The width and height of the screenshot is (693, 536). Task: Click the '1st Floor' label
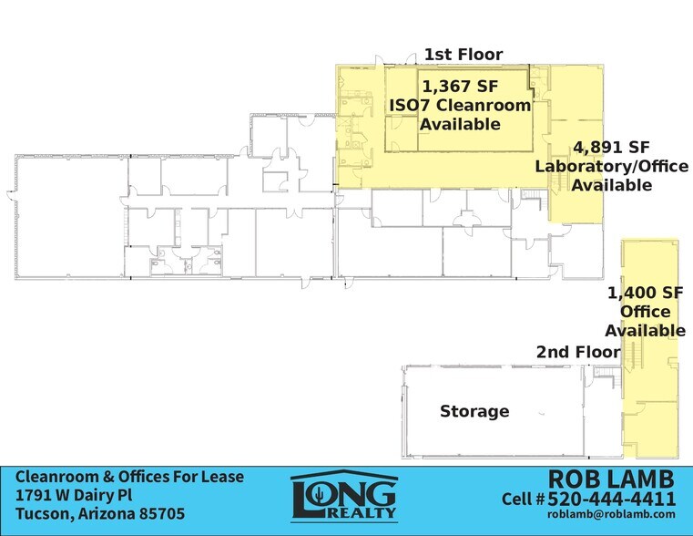pyautogui.click(x=464, y=55)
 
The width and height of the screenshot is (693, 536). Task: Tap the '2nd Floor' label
pyautogui.click(x=578, y=352)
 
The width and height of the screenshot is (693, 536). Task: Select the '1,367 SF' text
pyautogui.click(x=460, y=87)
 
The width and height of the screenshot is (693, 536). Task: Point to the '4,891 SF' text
pyautogui.click(x=611, y=148)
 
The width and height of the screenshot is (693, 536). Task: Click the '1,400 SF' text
pyautogui.click(x=646, y=293)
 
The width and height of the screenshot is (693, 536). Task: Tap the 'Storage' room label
pyautogui.click(x=474, y=411)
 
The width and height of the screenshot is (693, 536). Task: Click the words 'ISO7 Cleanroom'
pyautogui.click(x=460, y=105)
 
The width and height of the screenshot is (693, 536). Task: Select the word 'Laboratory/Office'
pyautogui.click(x=612, y=166)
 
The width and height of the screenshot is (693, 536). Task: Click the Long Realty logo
pyautogui.click(x=344, y=496)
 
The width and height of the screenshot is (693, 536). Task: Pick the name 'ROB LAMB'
pyautogui.click(x=611, y=479)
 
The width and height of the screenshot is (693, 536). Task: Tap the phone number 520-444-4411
pyautogui.click(x=612, y=499)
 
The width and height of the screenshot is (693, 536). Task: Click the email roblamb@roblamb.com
pyautogui.click(x=611, y=514)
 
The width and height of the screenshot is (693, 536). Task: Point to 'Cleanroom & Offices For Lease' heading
pyautogui.click(x=129, y=477)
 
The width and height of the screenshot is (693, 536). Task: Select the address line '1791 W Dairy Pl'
pyautogui.click(x=74, y=495)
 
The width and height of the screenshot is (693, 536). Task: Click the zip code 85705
pyautogui.click(x=162, y=514)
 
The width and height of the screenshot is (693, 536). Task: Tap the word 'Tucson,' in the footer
pyautogui.click(x=45, y=514)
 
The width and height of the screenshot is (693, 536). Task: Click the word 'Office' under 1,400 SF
pyautogui.click(x=646, y=312)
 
